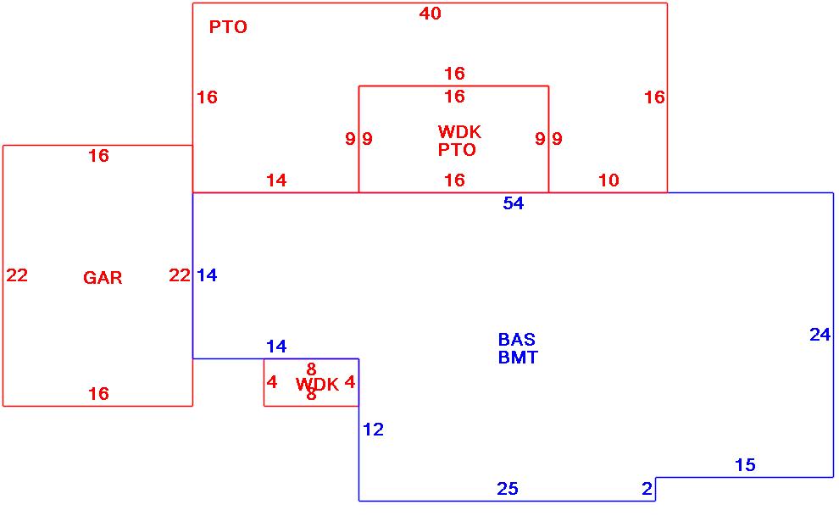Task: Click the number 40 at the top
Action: [430, 14]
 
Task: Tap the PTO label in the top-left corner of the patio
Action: [228, 27]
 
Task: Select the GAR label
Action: [103, 278]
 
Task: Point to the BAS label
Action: [516, 340]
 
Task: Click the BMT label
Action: [517, 358]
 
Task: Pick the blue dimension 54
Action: [513, 203]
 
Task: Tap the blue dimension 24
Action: [820, 335]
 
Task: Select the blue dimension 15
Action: [745, 465]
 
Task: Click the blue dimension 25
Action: [507, 489]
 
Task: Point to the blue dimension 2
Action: [647, 489]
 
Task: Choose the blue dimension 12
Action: [373, 430]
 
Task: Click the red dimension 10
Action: [608, 180]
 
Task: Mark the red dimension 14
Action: [276, 180]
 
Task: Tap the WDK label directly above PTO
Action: [459, 132]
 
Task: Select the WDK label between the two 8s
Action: [317, 385]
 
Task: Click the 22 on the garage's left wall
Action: [17, 275]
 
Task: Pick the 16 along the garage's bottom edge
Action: [98, 394]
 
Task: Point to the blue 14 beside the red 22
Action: [207, 275]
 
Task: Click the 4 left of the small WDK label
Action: [271, 382]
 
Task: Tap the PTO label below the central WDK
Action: [457, 151]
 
